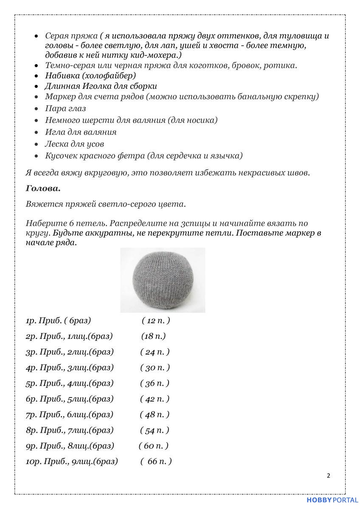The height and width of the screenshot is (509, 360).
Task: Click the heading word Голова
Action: [43, 188]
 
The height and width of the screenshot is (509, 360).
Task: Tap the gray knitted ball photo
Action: [163, 280]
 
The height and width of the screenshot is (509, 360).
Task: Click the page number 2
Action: [329, 475]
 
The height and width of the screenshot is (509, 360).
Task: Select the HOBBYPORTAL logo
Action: [332, 501]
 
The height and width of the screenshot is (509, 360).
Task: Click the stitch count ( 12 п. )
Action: [155, 321]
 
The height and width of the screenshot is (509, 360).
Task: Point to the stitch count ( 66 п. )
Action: [156, 461]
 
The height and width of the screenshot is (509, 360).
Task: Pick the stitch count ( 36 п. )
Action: [155, 383]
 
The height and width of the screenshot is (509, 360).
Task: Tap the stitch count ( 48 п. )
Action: [155, 414]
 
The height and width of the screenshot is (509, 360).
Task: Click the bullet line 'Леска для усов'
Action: [74, 144]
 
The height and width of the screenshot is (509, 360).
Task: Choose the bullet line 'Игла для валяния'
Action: [81, 132]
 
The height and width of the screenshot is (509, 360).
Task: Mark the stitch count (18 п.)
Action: [153, 336]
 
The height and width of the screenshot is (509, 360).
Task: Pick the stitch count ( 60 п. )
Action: [154, 446]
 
